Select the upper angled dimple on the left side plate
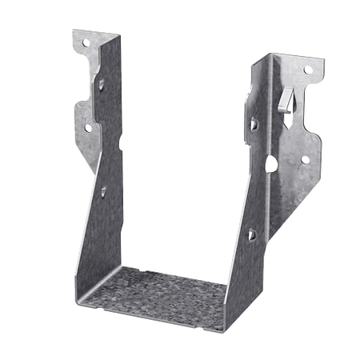(103, 84)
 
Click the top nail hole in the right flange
(306, 70)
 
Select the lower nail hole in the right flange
(305, 159)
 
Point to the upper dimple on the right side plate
(254, 124)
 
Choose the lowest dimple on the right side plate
(252, 234)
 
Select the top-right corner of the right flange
(326, 60)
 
